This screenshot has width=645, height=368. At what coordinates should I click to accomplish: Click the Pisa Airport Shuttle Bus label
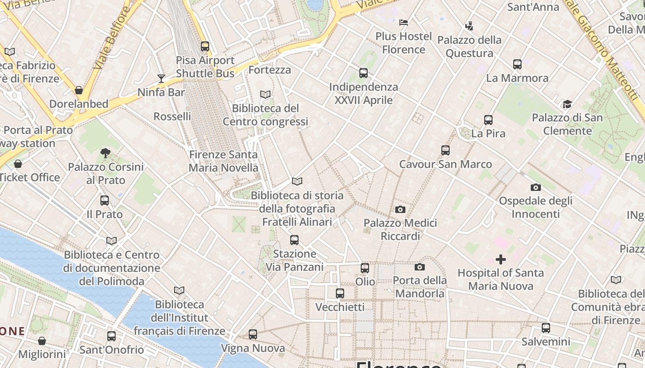205,67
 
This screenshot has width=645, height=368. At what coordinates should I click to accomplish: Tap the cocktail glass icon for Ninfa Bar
161,78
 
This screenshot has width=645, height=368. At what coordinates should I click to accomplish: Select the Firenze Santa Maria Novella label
223,161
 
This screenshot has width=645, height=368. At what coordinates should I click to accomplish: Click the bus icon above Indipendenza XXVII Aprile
364,73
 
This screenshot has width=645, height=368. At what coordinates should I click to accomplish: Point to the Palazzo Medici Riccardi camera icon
400,209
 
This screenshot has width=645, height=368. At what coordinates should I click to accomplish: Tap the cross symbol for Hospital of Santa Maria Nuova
501,259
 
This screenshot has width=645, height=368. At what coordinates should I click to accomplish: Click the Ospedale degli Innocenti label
536,207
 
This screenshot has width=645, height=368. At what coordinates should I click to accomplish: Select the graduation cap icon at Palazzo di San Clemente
567,104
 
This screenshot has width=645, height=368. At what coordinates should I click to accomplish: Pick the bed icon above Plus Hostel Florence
404,22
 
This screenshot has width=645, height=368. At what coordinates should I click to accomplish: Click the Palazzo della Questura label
469,46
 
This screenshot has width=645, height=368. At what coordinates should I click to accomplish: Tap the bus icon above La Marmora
517,64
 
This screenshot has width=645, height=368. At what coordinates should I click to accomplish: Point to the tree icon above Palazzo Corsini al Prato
106,153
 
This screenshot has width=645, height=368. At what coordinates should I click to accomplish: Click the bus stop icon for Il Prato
105,201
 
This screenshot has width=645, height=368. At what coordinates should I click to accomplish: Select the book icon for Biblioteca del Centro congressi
265,94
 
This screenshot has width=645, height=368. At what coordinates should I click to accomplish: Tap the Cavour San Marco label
446,164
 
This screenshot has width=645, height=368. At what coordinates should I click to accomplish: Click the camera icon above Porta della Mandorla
419,267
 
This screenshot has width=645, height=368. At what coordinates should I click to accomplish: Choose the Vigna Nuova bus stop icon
253,334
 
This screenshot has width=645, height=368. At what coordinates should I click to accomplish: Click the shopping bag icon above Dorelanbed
79,90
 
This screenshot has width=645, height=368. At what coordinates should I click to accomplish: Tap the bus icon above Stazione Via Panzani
294,240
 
